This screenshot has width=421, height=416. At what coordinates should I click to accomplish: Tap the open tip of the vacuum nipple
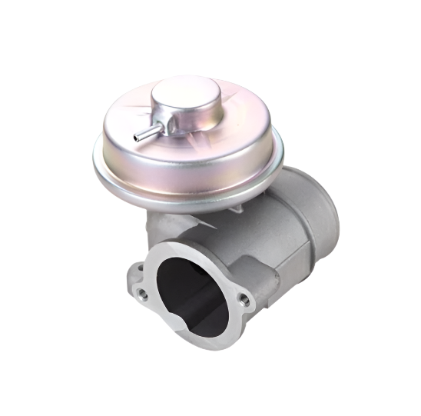tap(136, 138)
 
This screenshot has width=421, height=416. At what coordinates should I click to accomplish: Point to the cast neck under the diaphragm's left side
tap(157, 223)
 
